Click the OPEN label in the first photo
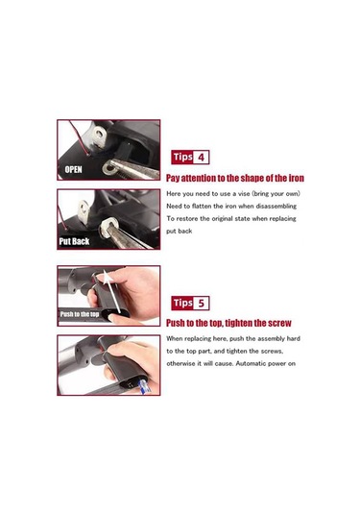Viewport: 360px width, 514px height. (73, 169)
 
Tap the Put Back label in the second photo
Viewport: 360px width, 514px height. (74, 241)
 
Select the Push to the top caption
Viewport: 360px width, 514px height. (80, 314)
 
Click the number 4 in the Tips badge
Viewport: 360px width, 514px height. (201, 158)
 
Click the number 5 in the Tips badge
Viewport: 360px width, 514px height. (201, 304)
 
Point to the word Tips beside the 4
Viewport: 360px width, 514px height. (182, 157)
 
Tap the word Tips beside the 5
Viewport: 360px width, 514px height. (182, 303)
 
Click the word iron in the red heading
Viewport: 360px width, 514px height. (296, 178)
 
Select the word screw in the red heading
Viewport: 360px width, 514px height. (279, 323)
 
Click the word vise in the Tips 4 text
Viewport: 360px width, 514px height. (244, 194)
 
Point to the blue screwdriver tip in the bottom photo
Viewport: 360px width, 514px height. (144, 387)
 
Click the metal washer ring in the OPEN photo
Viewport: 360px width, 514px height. (108, 168)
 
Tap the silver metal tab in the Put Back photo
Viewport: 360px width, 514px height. (84, 211)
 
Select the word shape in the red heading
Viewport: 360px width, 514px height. (255, 178)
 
